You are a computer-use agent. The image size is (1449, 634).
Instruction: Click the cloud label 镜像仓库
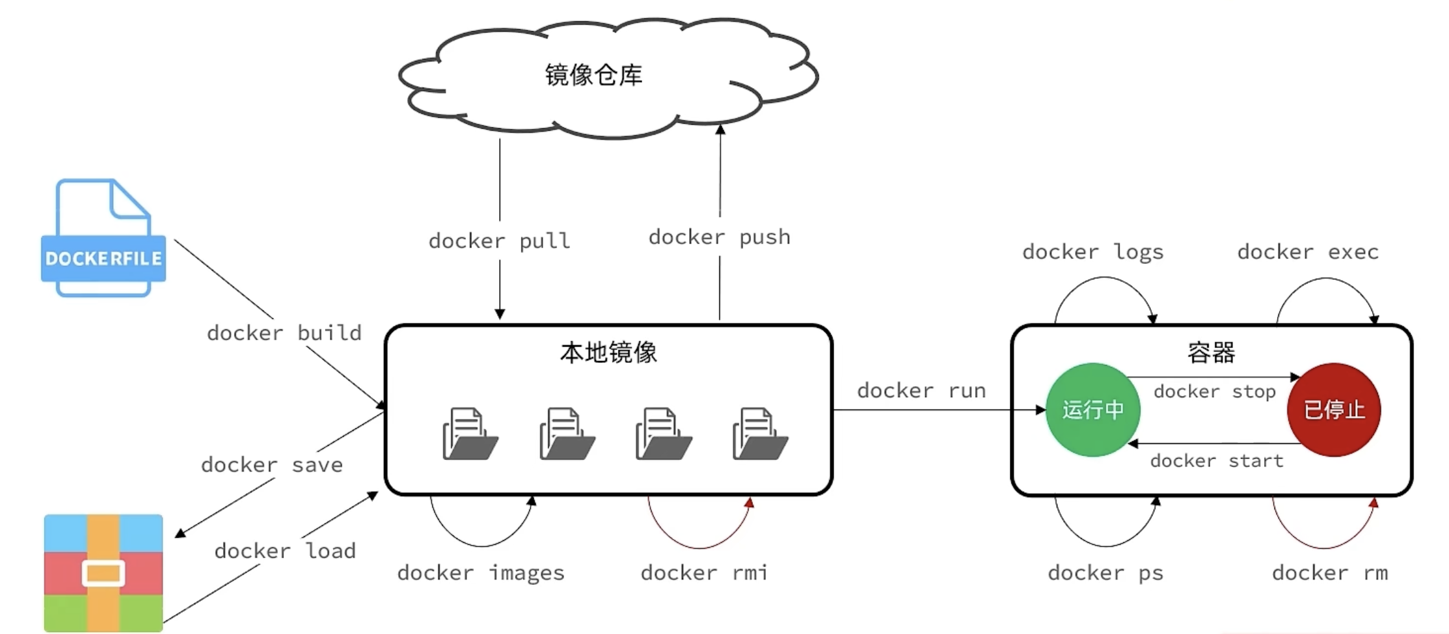point(593,75)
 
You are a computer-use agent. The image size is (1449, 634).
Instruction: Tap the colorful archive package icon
point(103,573)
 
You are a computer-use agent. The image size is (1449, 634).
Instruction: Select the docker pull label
point(500,241)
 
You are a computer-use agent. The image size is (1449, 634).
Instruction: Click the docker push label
point(719,237)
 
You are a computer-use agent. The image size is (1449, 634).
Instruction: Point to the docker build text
point(284,333)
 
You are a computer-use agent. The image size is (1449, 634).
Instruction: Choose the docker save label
point(272,465)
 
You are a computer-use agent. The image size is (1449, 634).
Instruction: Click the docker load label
point(285,551)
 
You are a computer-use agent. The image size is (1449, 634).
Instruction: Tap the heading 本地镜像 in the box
point(608,353)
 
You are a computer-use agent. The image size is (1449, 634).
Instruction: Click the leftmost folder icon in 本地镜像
point(470,434)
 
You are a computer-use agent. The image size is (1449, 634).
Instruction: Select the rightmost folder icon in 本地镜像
point(760,434)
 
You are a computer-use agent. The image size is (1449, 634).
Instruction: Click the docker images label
point(481,573)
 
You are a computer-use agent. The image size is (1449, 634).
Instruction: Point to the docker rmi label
point(704,573)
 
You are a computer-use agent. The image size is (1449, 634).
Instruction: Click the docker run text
point(921,391)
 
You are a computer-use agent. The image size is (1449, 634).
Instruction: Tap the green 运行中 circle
point(1093,410)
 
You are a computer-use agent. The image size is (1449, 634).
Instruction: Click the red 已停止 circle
point(1334,410)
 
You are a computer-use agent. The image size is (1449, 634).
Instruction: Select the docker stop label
point(1214,392)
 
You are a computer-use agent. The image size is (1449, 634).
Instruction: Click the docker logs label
point(1093,252)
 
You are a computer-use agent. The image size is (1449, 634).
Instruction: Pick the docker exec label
point(1308,252)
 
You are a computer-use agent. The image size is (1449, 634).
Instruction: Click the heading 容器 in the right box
point(1211,353)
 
